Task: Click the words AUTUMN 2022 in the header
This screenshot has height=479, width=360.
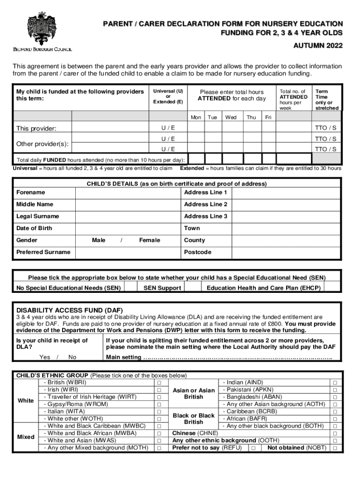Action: tap(318, 46)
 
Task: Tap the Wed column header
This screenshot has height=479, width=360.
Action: tap(231, 117)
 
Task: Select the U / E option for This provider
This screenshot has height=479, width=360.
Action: tap(168, 128)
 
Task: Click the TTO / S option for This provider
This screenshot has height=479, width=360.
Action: tap(326, 128)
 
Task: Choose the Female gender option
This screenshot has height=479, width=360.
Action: tap(150, 240)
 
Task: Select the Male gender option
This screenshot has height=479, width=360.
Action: tap(99, 240)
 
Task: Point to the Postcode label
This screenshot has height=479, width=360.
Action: tap(198, 252)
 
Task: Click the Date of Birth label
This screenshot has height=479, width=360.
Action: tap(35, 228)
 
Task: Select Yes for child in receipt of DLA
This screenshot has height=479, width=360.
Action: tap(45, 357)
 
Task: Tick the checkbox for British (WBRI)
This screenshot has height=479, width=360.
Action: tap(159, 383)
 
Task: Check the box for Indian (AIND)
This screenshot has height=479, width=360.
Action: tap(334, 383)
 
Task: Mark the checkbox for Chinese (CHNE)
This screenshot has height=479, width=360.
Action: tap(334, 434)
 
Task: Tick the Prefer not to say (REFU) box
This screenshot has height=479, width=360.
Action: tap(252, 448)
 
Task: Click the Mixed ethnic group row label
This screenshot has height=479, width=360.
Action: tap(26, 437)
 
